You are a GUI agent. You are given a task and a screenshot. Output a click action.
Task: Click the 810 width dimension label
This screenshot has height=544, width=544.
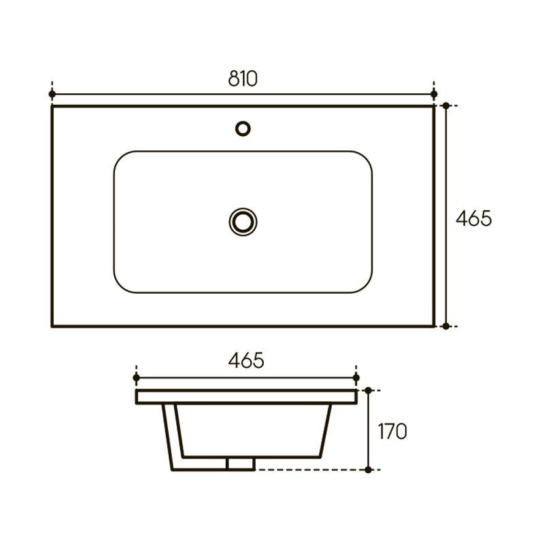(243, 78)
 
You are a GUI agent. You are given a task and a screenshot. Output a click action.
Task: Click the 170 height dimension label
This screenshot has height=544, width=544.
(392, 431)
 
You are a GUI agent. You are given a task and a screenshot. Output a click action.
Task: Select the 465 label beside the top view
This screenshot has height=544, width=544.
(474, 218)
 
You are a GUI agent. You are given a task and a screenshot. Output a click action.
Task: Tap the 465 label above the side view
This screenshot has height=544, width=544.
(246, 360)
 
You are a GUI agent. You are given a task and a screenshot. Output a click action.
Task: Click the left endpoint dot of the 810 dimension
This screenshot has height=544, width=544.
(52, 94)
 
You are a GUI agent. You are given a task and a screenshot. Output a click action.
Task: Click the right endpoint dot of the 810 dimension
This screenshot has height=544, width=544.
(434, 94)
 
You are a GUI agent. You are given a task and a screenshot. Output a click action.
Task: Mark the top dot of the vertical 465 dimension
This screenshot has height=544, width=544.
(446, 105)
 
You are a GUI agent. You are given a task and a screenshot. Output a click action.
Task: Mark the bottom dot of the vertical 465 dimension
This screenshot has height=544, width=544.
(446, 326)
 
